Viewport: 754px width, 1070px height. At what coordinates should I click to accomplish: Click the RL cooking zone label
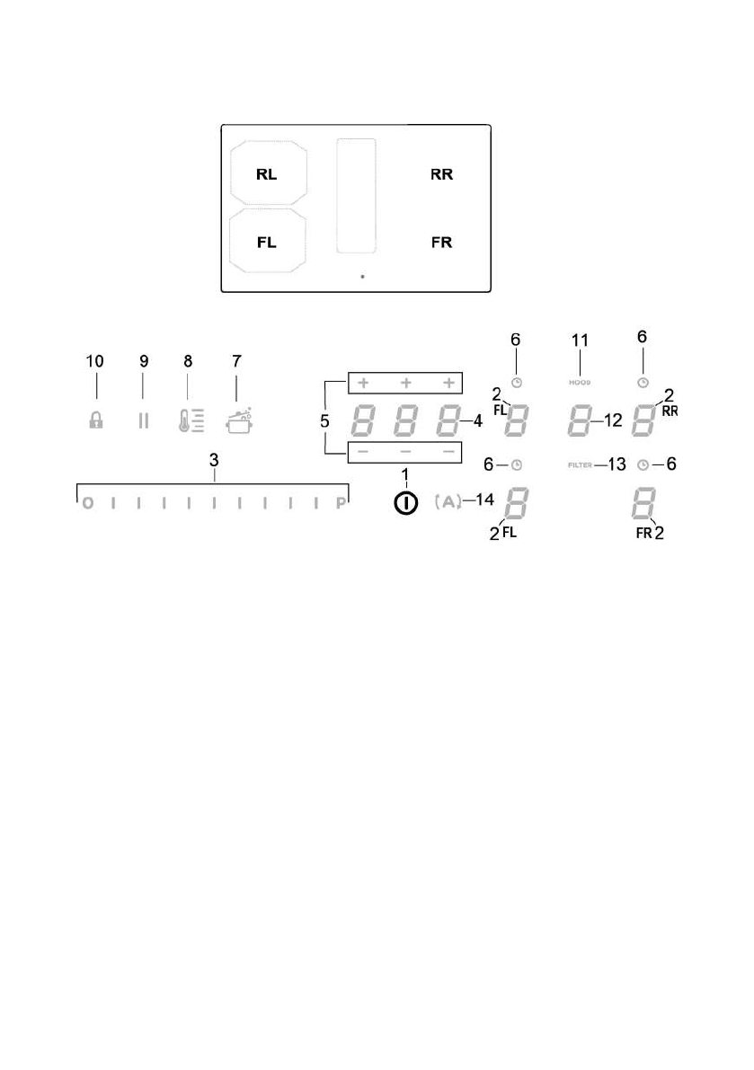(x=267, y=175)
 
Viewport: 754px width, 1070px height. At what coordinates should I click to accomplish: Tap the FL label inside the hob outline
(x=267, y=243)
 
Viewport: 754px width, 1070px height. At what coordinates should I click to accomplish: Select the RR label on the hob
(x=441, y=175)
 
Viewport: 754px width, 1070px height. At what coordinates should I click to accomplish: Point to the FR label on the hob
(x=441, y=243)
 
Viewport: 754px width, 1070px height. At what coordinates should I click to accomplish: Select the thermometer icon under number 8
(x=188, y=420)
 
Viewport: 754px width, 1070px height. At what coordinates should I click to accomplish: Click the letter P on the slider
(x=342, y=504)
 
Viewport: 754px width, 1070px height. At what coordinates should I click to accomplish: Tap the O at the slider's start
(x=87, y=504)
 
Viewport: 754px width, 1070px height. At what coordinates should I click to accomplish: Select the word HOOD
(x=580, y=383)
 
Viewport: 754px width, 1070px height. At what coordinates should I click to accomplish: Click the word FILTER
(x=580, y=465)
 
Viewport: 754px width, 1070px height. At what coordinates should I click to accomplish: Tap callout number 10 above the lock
(x=94, y=361)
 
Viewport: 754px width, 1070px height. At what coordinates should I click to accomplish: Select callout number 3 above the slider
(x=213, y=460)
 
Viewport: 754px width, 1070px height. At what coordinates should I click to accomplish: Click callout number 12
(x=613, y=420)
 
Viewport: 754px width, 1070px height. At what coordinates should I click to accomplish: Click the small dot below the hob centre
(x=362, y=277)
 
